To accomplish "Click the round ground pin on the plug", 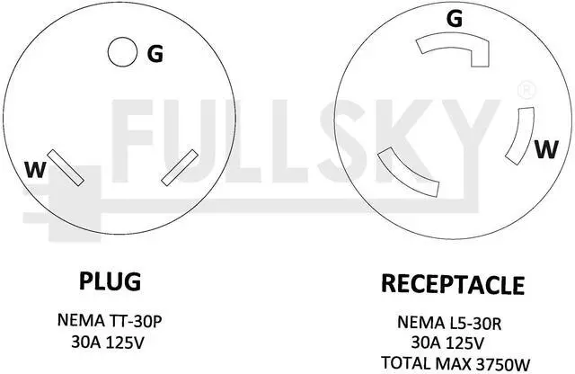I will click(118, 52).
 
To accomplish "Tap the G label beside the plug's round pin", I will click(155, 54).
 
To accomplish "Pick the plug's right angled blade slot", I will click(181, 166).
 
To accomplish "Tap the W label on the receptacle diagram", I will click(544, 149).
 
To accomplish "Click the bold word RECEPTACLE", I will click(453, 285).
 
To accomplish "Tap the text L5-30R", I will click(475, 321).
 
